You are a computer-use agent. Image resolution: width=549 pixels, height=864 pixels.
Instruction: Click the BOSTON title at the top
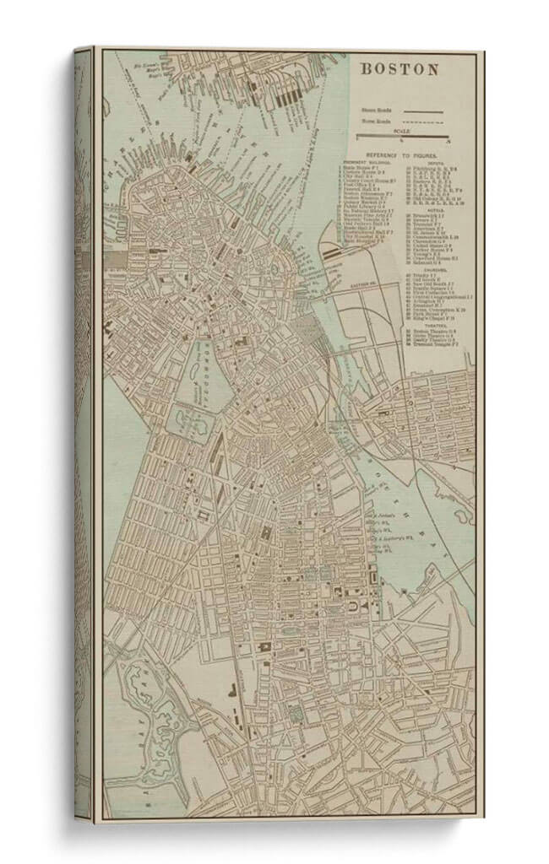tap(400, 70)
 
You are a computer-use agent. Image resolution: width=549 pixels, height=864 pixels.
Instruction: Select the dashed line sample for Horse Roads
tap(422, 121)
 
